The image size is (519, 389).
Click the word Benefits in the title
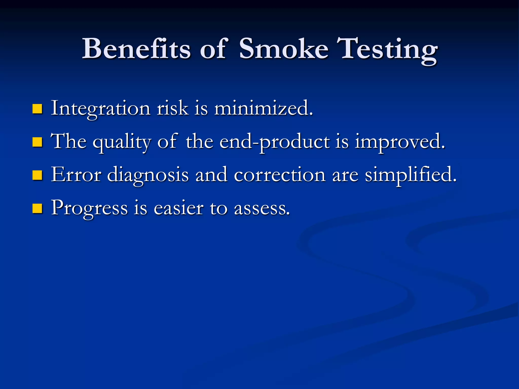point(136,49)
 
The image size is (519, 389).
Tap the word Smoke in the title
point(284,49)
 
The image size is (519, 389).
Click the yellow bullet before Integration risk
point(37,109)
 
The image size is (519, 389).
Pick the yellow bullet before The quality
point(37,142)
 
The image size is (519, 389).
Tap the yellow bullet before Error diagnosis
point(37,175)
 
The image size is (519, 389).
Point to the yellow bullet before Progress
point(37,208)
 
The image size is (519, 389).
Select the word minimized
point(264,108)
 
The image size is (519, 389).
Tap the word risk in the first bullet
point(173,108)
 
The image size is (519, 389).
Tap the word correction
point(280,175)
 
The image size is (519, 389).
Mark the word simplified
point(411,175)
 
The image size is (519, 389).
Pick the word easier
point(179,208)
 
